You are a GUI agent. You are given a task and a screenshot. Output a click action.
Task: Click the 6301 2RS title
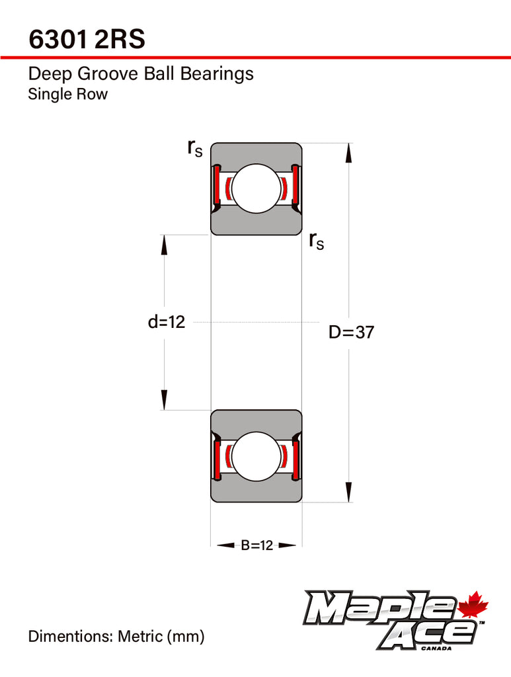point(87,39)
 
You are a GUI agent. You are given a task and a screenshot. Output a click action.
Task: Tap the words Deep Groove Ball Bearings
point(141,74)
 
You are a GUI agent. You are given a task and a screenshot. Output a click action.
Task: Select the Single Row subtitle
point(68,94)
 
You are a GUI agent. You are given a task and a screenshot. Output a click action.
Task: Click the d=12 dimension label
point(167,322)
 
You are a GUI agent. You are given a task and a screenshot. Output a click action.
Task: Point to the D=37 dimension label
point(351,332)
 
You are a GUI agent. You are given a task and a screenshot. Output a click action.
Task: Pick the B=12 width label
point(256,545)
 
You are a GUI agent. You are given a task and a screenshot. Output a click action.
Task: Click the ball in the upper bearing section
point(256,188)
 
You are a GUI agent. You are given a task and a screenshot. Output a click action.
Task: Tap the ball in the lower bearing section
point(256,456)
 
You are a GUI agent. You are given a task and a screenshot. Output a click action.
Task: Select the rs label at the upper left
point(194,149)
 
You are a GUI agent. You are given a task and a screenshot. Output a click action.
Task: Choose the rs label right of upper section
point(317,241)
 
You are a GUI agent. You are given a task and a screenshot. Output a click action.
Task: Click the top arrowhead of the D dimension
point(349,153)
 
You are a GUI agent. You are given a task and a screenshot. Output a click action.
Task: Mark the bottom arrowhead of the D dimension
point(349,492)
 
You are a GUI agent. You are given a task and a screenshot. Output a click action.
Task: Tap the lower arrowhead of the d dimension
point(164,400)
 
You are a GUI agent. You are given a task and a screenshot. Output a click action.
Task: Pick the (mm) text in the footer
point(186,637)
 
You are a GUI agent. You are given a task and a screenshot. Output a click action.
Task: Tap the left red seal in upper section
point(217,186)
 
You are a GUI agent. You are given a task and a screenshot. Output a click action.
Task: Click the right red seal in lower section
point(295,459)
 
